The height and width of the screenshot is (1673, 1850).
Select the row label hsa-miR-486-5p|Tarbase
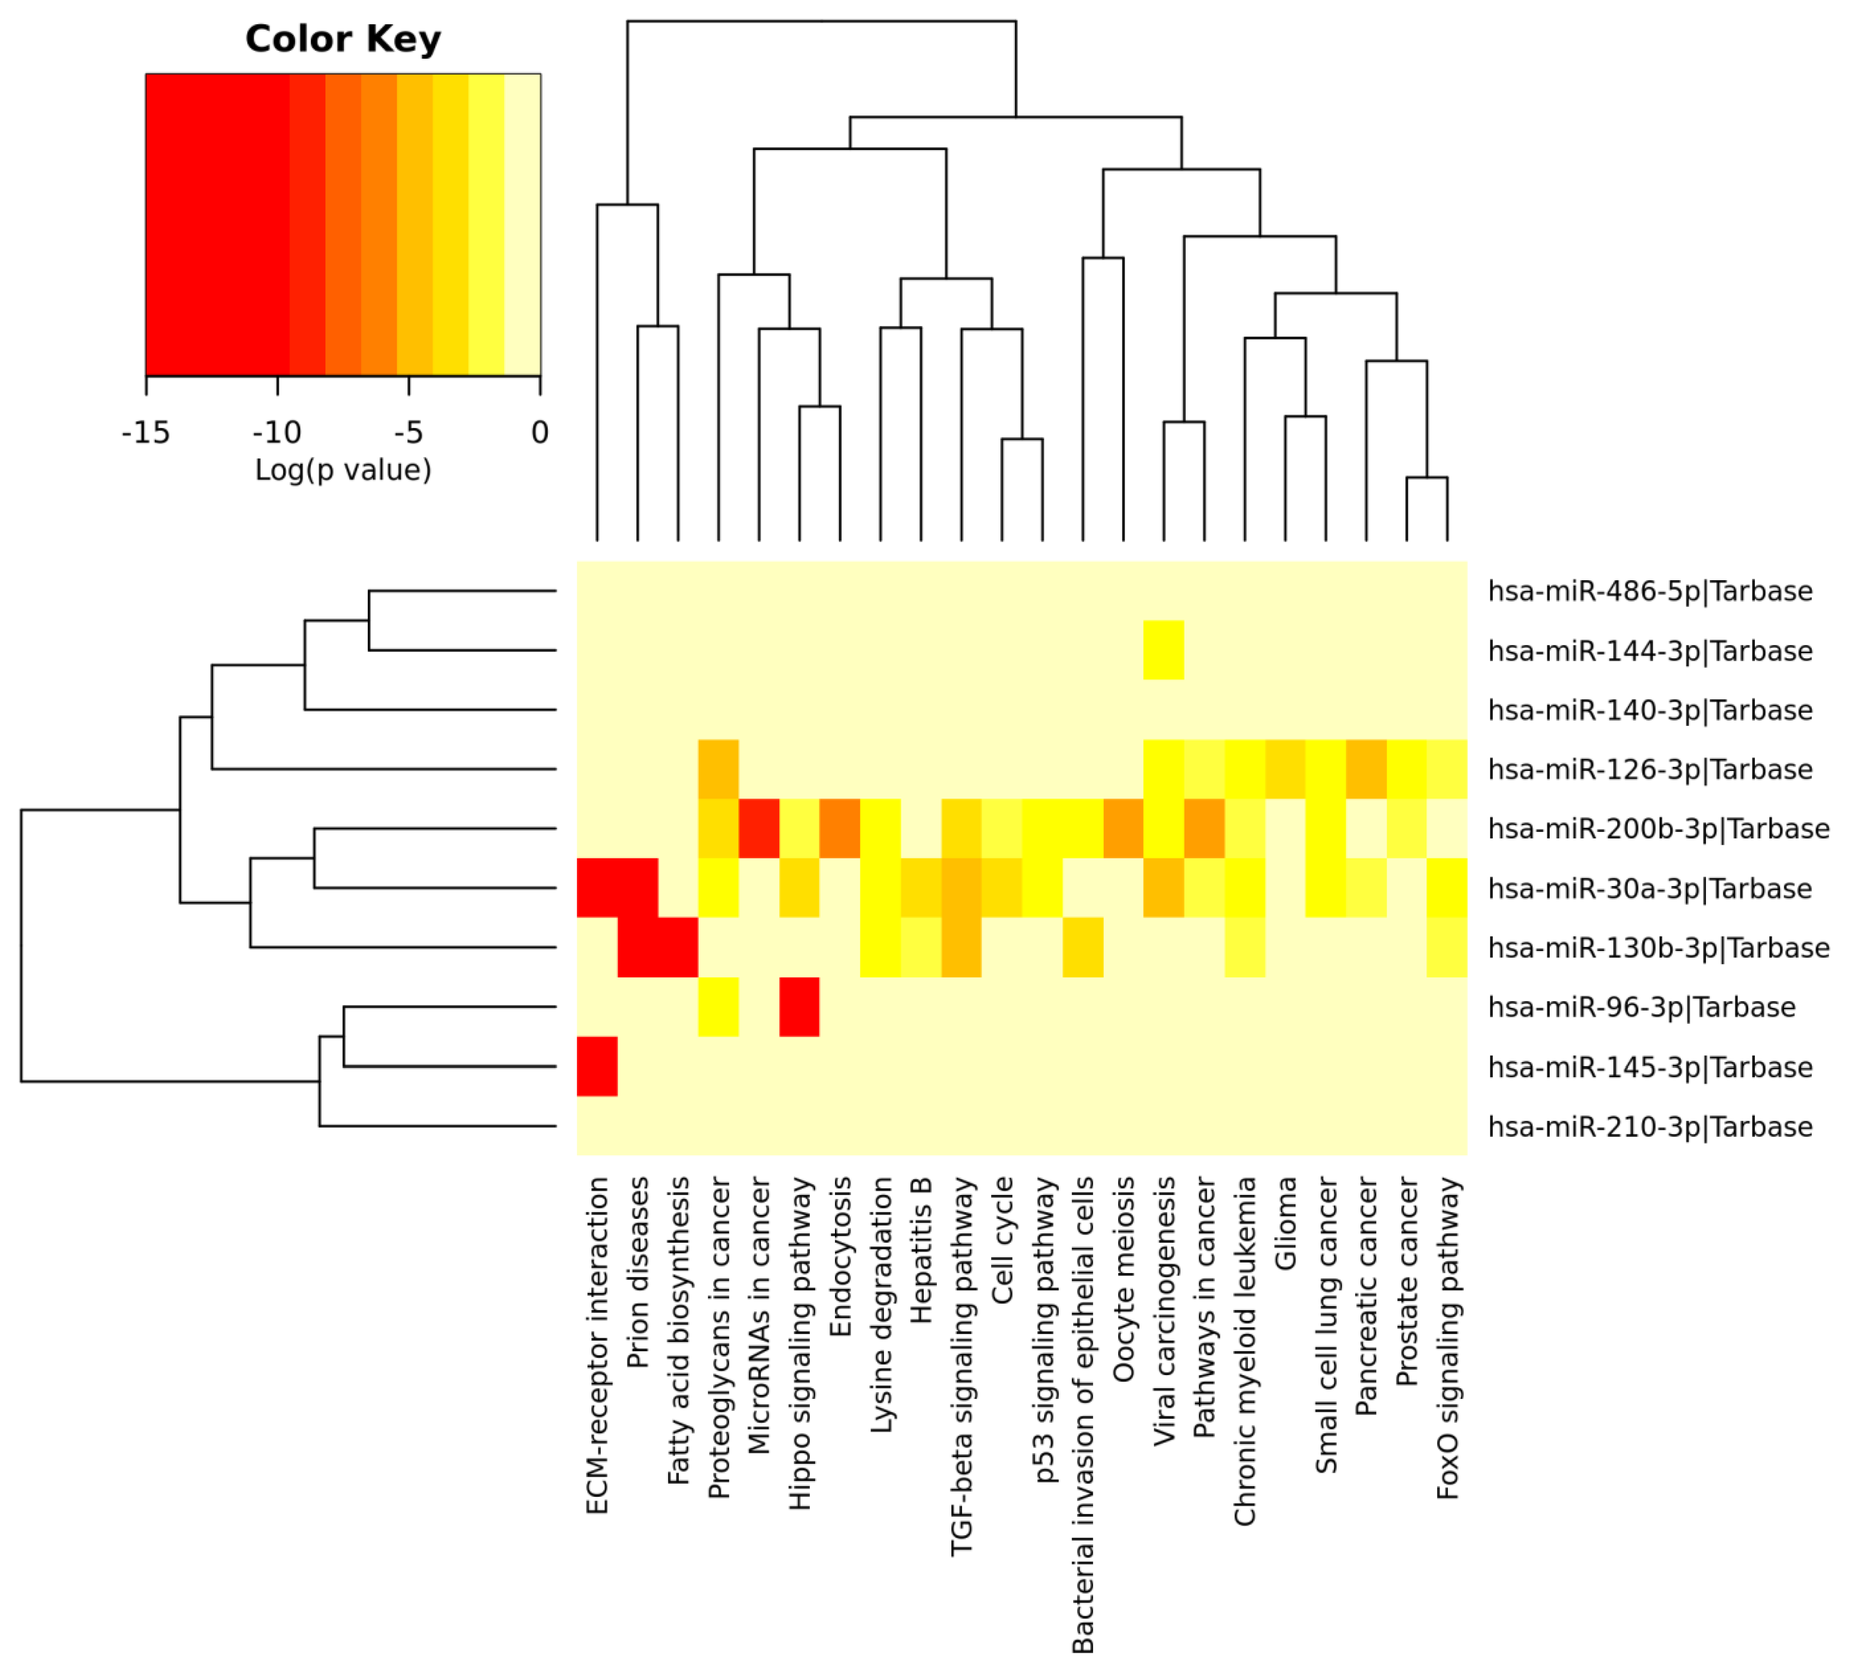pos(1649,591)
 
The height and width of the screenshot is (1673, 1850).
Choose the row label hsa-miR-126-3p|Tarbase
pos(1649,769)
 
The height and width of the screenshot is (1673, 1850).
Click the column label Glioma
pos(1286,1223)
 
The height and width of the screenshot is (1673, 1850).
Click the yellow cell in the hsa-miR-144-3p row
pos(1163,650)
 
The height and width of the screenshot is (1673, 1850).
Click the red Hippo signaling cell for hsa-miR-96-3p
pos(799,1007)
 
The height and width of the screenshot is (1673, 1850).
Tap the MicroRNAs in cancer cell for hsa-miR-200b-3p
pos(759,829)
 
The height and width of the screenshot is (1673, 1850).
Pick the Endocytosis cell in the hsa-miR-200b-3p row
pos(840,829)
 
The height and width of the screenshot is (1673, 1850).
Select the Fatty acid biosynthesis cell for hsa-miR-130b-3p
pos(678,947)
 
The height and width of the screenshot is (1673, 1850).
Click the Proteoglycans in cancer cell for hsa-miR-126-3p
pos(719,769)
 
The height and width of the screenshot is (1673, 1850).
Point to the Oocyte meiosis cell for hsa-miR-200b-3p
pos(1123,829)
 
